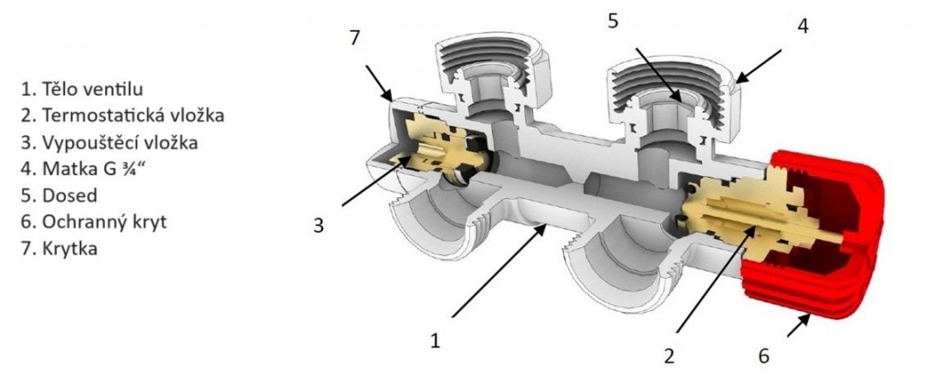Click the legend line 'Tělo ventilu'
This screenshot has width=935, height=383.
(83, 89)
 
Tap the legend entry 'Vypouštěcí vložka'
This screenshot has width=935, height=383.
(108, 142)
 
